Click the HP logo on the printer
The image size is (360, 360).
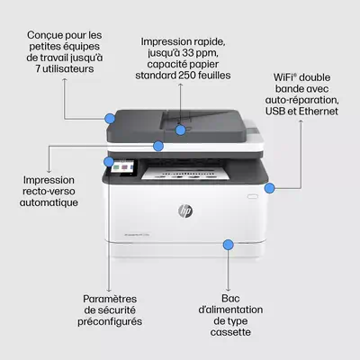[186, 211]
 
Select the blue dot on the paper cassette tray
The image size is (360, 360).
[229, 244]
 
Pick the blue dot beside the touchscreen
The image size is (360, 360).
[110, 163]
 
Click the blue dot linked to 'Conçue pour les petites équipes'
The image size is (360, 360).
[111, 118]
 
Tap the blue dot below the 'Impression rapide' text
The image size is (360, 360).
[181, 129]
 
